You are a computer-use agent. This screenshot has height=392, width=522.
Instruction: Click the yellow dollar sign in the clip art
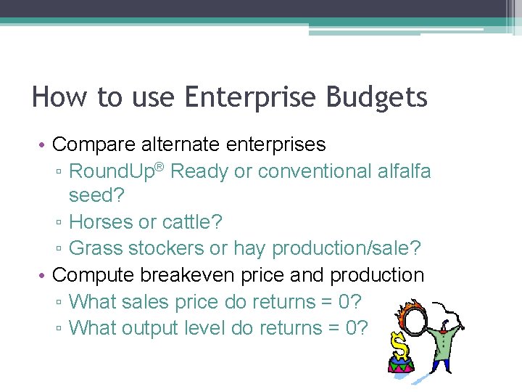point(398,341)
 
